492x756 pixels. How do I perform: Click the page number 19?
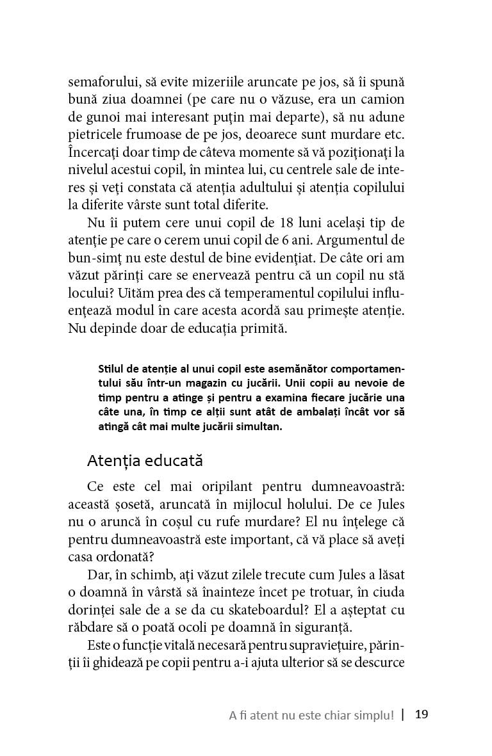[x=421, y=714]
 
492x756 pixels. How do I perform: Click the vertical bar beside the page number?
[x=403, y=714]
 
